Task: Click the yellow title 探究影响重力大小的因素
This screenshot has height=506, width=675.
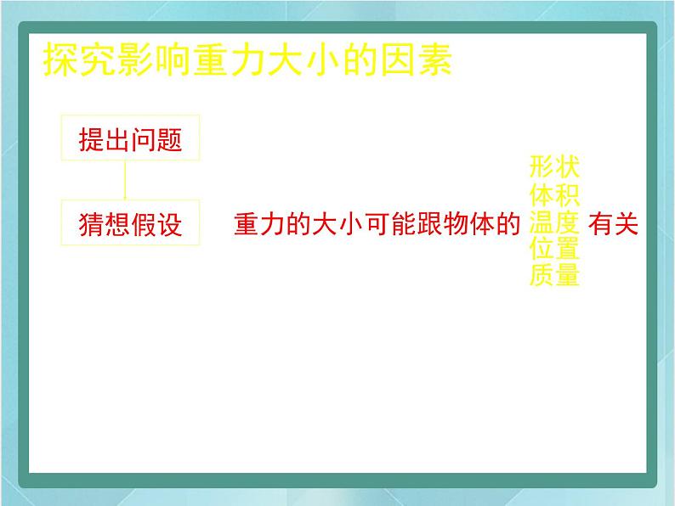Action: [247, 59]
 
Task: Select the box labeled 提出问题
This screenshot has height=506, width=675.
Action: [130, 138]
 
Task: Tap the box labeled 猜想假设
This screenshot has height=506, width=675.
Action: [130, 222]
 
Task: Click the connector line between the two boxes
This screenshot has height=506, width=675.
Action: [125, 180]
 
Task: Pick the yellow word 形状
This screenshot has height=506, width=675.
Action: [554, 166]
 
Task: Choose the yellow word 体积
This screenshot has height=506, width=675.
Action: [554, 195]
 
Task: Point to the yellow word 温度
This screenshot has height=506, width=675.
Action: [554, 222]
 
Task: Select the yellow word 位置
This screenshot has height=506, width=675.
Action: [554, 249]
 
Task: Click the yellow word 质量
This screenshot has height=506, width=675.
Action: [554, 275]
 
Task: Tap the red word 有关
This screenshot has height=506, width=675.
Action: [613, 224]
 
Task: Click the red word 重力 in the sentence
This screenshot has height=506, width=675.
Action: [259, 224]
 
